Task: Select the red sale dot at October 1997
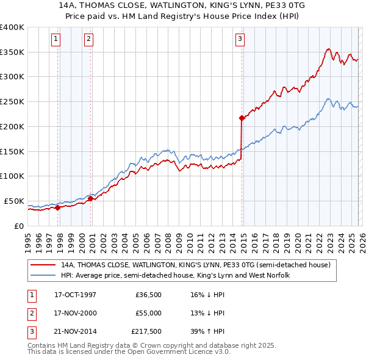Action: [x=58, y=207]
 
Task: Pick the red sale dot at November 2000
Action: [x=91, y=198]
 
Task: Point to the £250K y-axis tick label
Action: [x=12, y=102]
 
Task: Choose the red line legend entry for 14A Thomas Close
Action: [x=195, y=265]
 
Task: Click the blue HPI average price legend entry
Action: [x=175, y=276]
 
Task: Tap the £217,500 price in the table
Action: [x=146, y=331]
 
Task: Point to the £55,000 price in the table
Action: [x=149, y=313]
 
